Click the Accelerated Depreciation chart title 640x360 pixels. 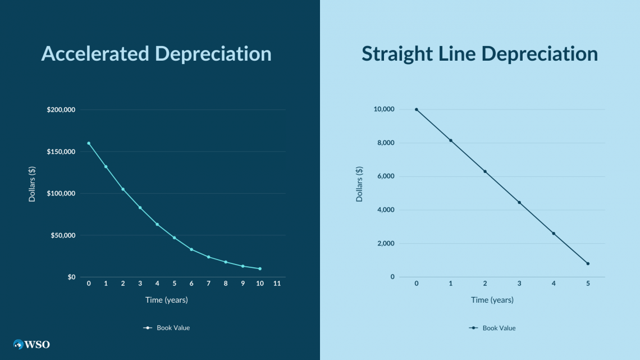point(156,54)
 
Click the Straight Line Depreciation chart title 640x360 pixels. point(479,54)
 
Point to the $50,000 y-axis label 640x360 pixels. point(63,235)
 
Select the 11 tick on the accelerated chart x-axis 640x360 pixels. point(277,284)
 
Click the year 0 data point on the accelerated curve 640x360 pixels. point(89,143)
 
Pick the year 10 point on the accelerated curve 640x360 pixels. point(260,268)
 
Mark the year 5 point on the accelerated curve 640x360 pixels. point(174,238)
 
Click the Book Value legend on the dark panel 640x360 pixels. point(167,328)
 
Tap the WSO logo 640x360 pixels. point(32,344)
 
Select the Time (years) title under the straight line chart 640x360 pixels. point(492,300)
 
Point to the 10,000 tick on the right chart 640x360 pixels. point(384,110)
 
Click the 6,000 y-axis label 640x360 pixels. point(386,176)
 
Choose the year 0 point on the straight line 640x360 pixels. point(416,110)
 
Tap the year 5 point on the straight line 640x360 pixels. point(588,263)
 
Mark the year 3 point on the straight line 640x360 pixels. point(519,202)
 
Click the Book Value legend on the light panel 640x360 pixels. point(492,328)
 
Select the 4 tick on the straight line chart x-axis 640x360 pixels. point(554,284)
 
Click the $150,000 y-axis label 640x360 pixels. point(61,152)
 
